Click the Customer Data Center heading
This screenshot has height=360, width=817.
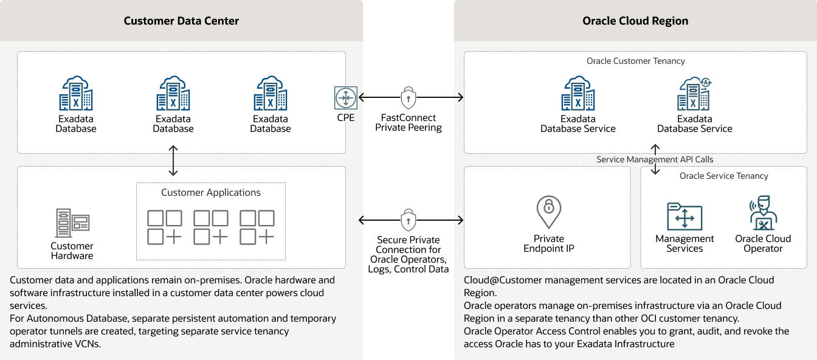pos(181,21)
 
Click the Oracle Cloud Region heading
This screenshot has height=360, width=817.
pos(635,21)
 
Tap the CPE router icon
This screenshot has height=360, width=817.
pos(345,97)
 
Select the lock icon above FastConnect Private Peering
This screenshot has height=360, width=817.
pos(408,97)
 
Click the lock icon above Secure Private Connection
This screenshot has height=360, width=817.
pos(408,220)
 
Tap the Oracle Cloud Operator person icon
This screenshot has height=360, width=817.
pos(762,213)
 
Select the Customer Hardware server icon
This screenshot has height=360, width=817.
pos(72,223)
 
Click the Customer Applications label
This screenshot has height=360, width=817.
pos(211,193)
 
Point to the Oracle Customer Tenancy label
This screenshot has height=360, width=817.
pos(635,61)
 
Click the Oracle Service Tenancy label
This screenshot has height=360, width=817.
pos(723,176)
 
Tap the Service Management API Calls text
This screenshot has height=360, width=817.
pos(655,159)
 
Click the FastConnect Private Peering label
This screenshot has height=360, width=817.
pos(408,123)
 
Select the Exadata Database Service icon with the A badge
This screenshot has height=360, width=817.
pos(694,93)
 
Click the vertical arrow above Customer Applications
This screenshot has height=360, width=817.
pos(174,161)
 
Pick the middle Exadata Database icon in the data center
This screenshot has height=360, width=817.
pos(173,93)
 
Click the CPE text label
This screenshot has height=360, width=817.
pos(345,118)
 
